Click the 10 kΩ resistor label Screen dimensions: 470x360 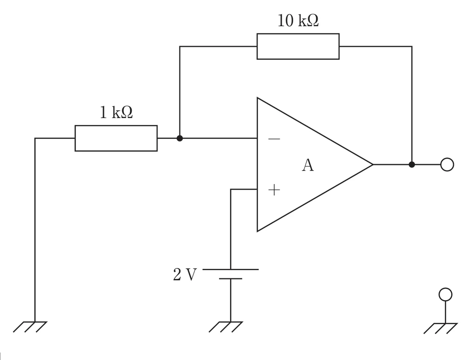click(x=298, y=21)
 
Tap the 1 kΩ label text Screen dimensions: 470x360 click(x=116, y=112)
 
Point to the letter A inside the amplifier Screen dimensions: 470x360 click(x=308, y=165)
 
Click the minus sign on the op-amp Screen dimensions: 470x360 click(x=274, y=139)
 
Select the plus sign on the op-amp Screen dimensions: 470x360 click(x=274, y=190)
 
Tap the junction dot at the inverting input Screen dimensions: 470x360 click(x=179, y=138)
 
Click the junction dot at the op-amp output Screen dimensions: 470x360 click(x=412, y=165)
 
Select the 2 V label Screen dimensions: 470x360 click(x=185, y=274)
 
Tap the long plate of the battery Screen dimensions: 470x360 click(x=230, y=270)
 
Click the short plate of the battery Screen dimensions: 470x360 click(x=230, y=279)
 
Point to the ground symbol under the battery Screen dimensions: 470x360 click(x=226, y=327)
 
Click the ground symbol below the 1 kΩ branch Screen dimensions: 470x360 click(x=30, y=327)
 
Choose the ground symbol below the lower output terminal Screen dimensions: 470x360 click(x=441, y=328)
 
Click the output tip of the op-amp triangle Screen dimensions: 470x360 click(x=373, y=165)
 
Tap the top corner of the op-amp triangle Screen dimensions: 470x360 click(x=257, y=98)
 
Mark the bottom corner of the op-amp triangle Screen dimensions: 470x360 click(x=257, y=231)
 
